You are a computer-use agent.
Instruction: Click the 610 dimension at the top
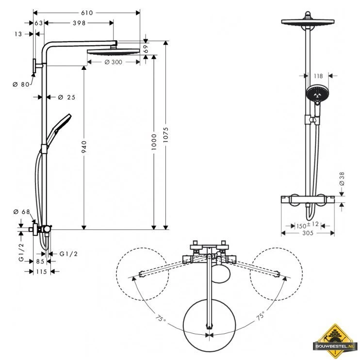point(87,12)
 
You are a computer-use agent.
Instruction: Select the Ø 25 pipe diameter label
point(66,97)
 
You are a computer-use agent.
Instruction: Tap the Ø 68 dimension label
point(22,212)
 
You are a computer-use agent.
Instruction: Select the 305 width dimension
point(308,233)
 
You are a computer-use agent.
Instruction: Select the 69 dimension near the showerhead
point(146,48)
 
